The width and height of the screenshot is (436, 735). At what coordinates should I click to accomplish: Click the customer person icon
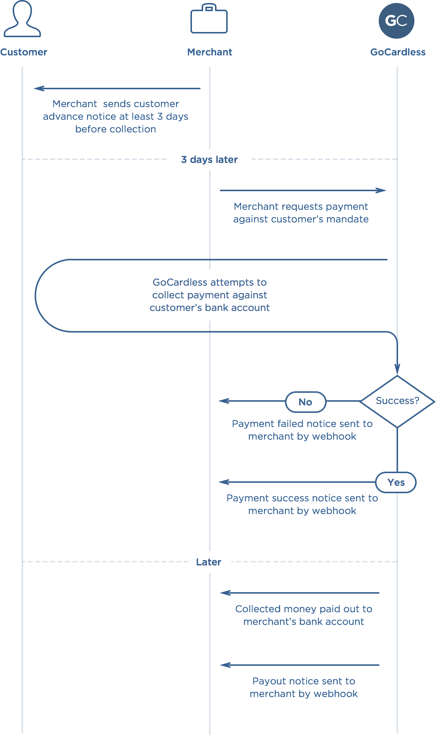pos(22,19)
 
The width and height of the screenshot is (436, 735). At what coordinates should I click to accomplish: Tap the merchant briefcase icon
pos(209,19)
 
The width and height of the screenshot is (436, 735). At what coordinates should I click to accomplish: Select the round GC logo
pos(397,21)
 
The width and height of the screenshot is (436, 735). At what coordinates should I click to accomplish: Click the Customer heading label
pos(24,52)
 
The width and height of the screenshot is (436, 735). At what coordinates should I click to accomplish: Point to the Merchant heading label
pos(210,52)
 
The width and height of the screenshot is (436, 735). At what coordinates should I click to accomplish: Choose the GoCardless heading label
pos(398,52)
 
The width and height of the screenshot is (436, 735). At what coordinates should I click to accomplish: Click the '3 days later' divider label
pos(209,160)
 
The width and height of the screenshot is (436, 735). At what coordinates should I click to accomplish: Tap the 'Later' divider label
pos(209,562)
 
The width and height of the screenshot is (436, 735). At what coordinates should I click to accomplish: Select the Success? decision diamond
pos(397,401)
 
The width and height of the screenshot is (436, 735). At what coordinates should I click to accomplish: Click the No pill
pos(306,402)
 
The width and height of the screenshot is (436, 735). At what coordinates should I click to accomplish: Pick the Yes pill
pos(396,482)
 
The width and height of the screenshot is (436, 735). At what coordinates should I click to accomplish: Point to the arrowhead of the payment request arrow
pos(381,190)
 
